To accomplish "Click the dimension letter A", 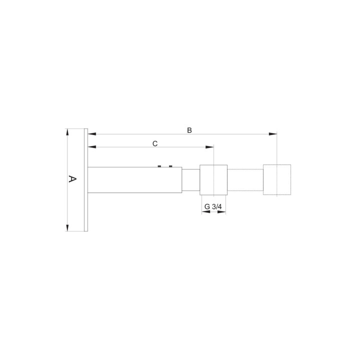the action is pos(72,179).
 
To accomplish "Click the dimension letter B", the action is pos(189,130).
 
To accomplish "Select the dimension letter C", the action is pos(155,143).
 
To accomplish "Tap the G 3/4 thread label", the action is pos(213,206).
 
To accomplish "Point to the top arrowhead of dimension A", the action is pos(67,132).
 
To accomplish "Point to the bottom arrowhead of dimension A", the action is pos(67,228).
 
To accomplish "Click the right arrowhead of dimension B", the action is pos(273,134).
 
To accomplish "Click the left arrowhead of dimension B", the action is pos(92,134).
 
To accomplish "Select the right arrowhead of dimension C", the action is pos(209,147).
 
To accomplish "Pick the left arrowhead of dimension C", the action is pos(92,147).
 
